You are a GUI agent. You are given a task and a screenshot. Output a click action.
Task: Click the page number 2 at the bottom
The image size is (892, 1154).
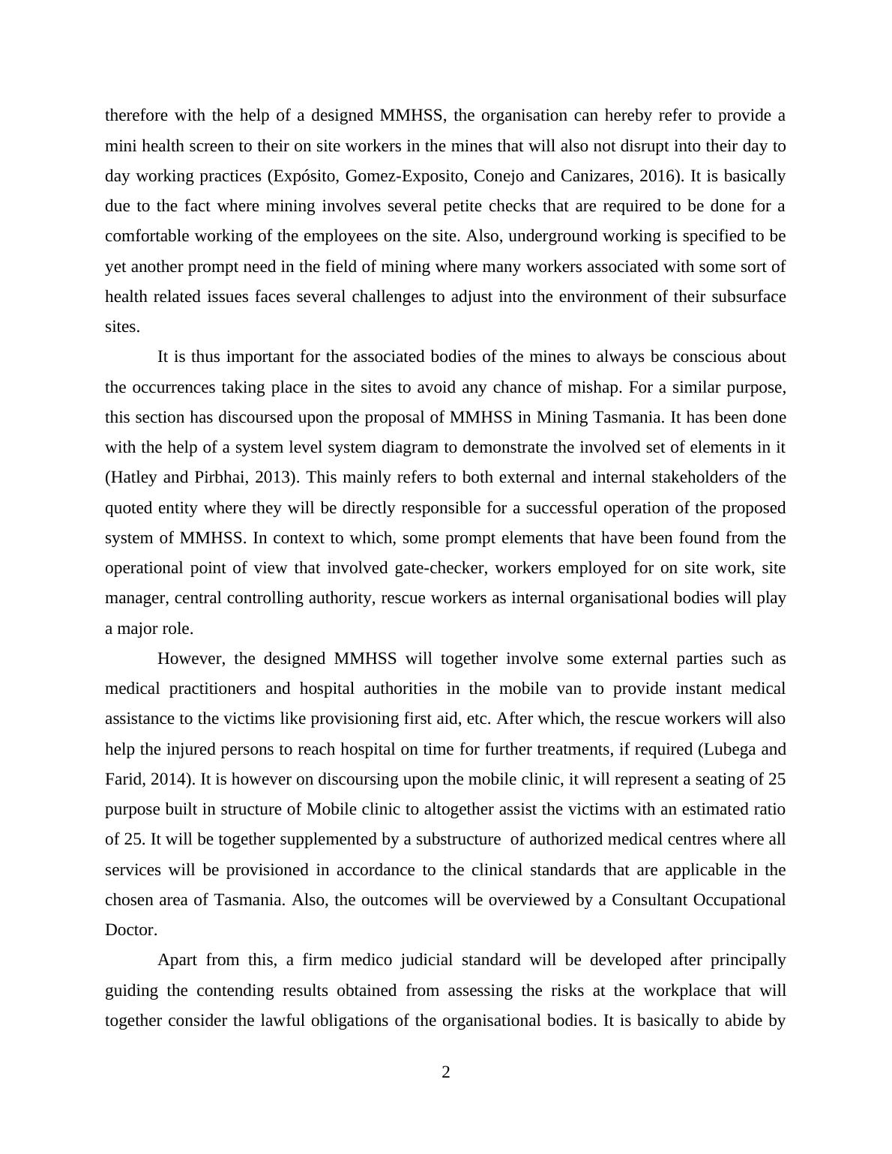pos(446,1072)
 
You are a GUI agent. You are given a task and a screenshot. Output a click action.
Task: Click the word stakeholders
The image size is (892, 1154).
pos(693,477)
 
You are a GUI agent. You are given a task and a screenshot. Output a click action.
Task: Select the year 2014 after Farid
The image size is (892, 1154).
pos(166,779)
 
